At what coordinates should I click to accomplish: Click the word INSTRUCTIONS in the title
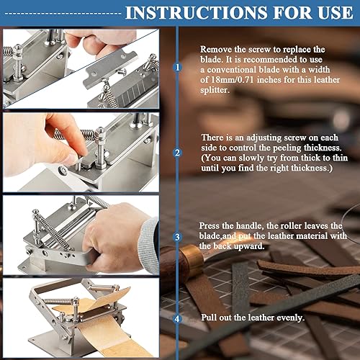click(x=196, y=13)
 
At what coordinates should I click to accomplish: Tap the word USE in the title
click(x=336, y=13)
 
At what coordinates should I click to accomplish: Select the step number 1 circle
click(x=177, y=68)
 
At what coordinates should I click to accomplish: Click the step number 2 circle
click(x=177, y=153)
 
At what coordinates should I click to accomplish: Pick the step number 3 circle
click(x=177, y=237)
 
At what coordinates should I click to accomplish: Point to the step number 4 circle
click(x=177, y=319)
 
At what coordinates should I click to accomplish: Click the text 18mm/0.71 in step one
click(x=232, y=80)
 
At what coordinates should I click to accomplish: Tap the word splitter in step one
click(x=215, y=90)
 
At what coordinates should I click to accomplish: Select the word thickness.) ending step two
click(x=312, y=168)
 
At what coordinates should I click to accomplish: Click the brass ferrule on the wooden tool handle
click(x=192, y=258)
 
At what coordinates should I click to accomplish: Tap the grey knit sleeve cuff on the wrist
click(x=148, y=245)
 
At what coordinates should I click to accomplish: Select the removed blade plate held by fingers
click(x=110, y=67)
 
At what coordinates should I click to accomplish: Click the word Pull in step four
click(x=209, y=318)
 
